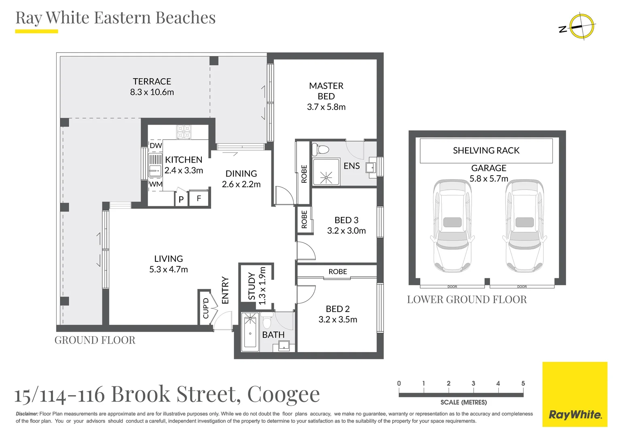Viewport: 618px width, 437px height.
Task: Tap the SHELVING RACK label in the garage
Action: [486, 151]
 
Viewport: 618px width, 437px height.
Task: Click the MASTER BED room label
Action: [326, 91]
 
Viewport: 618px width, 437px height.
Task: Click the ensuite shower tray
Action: [326, 172]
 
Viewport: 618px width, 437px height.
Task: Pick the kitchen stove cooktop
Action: [184, 132]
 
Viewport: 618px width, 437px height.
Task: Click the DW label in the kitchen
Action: [156, 146]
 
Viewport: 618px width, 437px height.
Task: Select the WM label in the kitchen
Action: [156, 185]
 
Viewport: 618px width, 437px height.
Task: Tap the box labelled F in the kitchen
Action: [199, 199]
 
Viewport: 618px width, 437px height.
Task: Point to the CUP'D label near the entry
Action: [206, 308]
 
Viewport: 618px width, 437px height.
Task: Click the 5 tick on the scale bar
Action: [523, 384]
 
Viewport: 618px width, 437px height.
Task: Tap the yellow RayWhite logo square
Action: [575, 394]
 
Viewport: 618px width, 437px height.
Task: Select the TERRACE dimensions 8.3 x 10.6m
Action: [152, 92]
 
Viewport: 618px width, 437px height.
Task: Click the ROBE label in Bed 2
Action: [338, 272]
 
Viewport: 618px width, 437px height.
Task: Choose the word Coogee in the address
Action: [283, 394]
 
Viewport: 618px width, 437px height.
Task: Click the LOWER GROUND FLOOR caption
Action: [467, 299]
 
